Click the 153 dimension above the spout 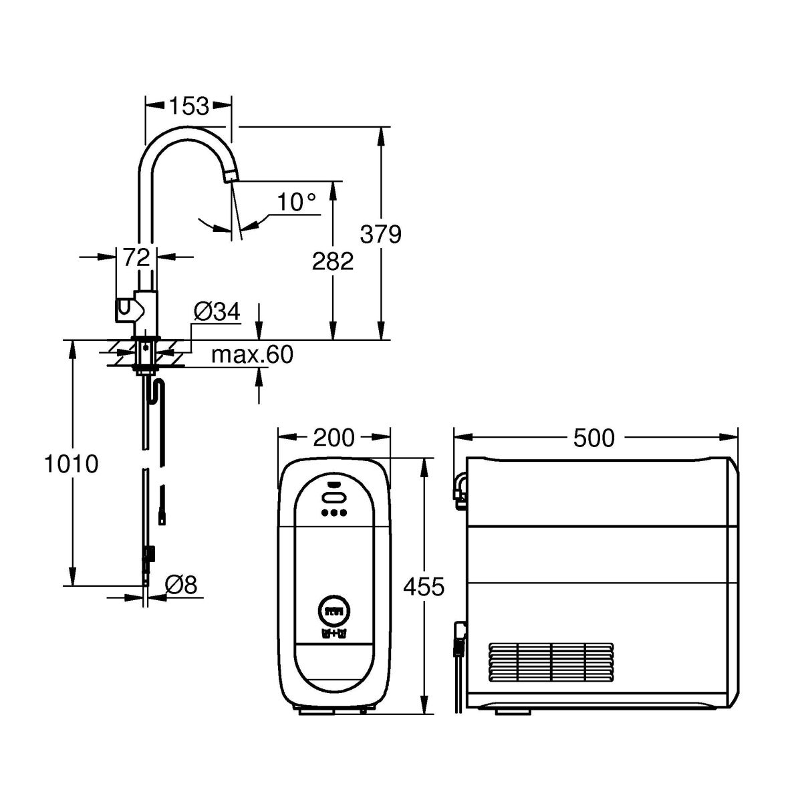tap(188, 106)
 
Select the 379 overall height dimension tap(380, 234)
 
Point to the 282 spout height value tap(333, 261)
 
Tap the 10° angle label tap(296, 202)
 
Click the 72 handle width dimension tap(136, 257)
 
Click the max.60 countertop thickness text tap(252, 355)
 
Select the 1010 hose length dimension tap(71, 464)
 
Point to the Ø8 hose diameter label tap(180, 585)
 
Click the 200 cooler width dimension tap(333, 437)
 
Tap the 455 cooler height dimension tap(424, 587)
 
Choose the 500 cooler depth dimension tap(593, 438)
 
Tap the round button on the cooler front tap(334, 612)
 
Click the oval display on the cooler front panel tap(333, 498)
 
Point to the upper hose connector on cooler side tap(460, 491)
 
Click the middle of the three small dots tap(333, 513)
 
